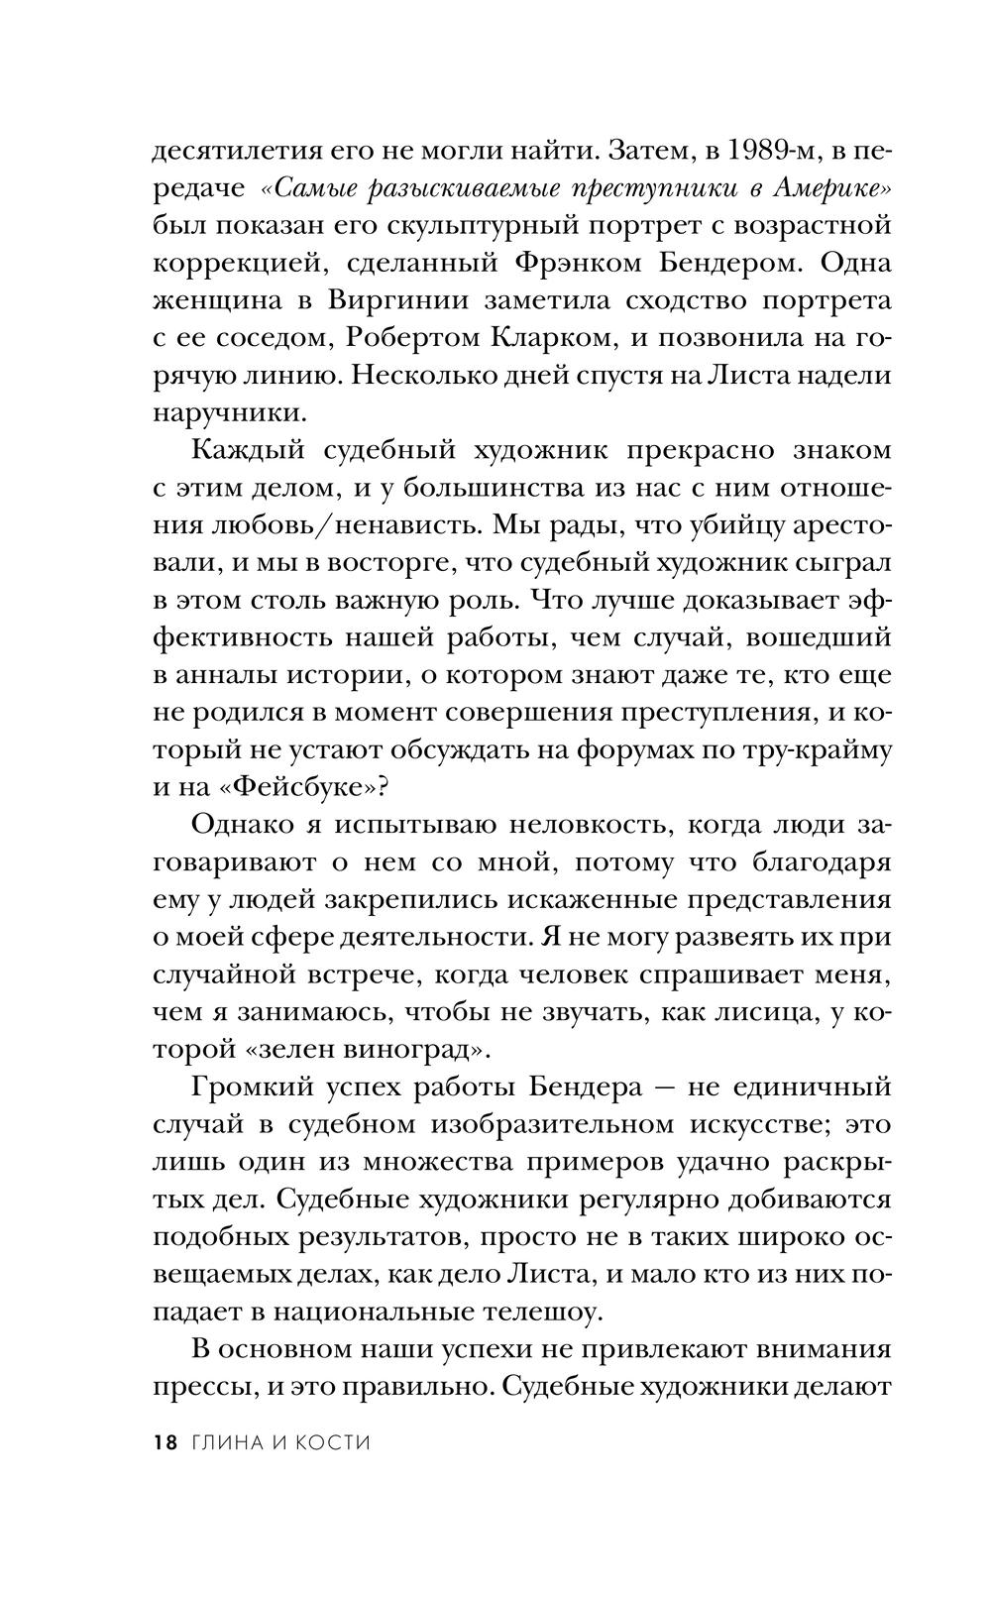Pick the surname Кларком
coord(550,338)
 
